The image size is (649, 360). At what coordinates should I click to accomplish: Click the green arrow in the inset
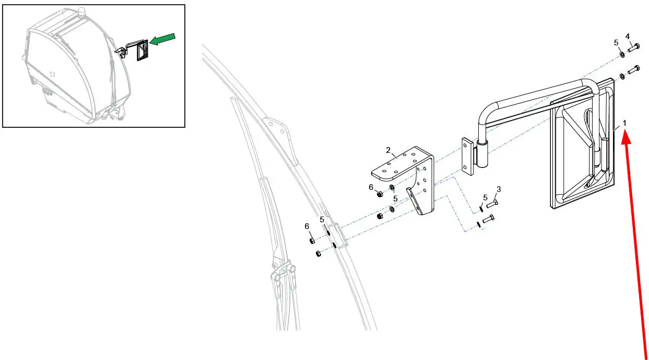click(x=163, y=39)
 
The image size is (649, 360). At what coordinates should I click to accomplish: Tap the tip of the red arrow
click(x=625, y=130)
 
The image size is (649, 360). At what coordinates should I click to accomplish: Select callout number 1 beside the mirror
click(x=624, y=123)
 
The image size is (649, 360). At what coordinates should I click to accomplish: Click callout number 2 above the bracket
click(x=388, y=150)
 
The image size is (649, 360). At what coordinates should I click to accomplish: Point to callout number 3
click(x=499, y=189)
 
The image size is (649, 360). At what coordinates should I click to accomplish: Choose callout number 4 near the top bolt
click(x=628, y=37)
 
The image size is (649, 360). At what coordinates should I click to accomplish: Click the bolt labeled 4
click(x=634, y=47)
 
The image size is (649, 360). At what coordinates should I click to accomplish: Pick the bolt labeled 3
click(x=492, y=203)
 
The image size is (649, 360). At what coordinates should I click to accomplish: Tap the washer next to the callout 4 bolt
click(x=622, y=54)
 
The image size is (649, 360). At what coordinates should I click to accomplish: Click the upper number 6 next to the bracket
click(x=371, y=187)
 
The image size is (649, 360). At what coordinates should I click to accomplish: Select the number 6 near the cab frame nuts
click(x=307, y=226)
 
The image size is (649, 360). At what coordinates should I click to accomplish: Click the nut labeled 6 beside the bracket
click(x=380, y=194)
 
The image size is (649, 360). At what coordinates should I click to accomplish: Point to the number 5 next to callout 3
click(x=485, y=198)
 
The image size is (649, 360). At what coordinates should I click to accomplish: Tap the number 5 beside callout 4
click(x=616, y=43)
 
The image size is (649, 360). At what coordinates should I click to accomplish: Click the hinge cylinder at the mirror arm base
click(x=482, y=153)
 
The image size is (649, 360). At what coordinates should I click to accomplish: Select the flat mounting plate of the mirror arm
click(x=467, y=157)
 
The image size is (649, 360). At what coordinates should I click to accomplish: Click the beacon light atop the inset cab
click(x=81, y=10)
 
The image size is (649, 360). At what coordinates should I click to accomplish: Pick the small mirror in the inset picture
click(x=142, y=50)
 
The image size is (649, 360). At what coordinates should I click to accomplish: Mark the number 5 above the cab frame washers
click(x=322, y=220)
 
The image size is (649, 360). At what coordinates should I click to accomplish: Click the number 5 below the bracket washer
click(x=395, y=199)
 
